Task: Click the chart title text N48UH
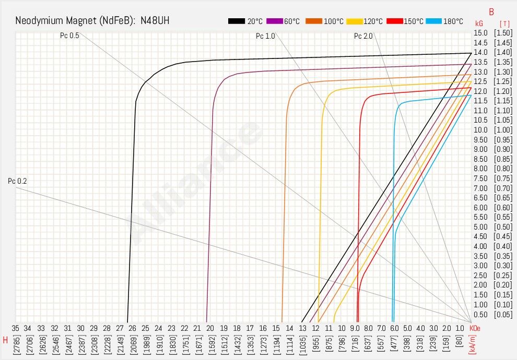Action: point(155,21)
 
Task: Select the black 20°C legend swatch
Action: point(237,21)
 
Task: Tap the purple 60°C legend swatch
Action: point(275,21)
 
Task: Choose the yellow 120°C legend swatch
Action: point(355,21)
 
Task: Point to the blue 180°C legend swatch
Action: point(434,21)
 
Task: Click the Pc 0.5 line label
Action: point(70,36)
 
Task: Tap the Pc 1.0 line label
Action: point(265,36)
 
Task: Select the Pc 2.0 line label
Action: point(363,36)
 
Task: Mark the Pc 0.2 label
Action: point(17,181)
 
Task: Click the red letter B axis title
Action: point(491,11)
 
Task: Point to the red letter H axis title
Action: point(5,340)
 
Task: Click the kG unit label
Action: point(479,23)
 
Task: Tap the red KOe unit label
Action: point(475,328)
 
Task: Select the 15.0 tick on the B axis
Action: point(480,33)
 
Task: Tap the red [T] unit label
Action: point(504,23)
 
